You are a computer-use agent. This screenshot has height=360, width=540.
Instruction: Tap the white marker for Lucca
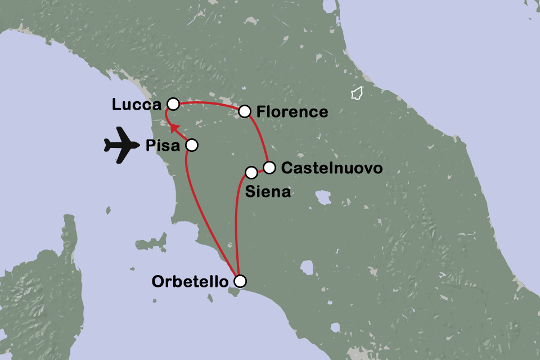point(173,104)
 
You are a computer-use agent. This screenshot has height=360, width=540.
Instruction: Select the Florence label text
point(292,112)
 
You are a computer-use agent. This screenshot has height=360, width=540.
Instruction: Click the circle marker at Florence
point(245,111)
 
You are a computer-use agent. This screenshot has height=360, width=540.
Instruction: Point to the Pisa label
point(163,146)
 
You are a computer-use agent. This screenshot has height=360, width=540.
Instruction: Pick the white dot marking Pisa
point(191,145)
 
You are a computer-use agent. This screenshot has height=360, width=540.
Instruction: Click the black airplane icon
point(121,146)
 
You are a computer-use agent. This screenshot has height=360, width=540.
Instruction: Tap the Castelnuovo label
point(332,168)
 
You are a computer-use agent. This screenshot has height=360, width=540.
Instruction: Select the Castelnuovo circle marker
point(269,167)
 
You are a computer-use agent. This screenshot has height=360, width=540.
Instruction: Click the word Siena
point(268,192)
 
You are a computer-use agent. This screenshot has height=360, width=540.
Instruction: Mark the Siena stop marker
point(251,172)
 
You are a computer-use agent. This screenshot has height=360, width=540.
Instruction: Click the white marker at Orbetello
point(240,281)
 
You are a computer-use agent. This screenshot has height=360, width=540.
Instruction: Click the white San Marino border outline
point(356,93)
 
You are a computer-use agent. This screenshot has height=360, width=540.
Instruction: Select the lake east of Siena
point(323,197)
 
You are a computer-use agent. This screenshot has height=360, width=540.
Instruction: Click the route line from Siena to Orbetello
point(236,225)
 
